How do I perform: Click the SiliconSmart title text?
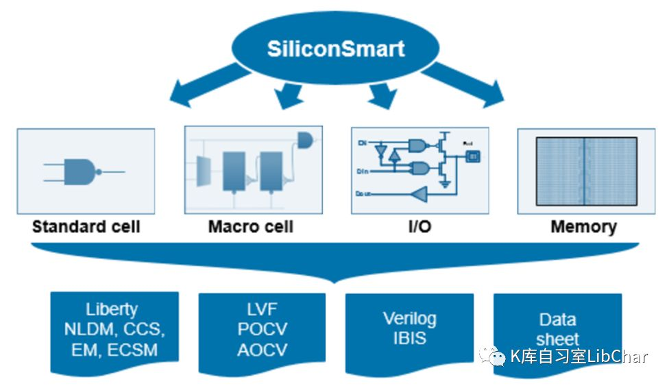[x=336, y=49]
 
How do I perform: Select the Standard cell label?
[x=86, y=227]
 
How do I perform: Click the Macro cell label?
[x=250, y=227]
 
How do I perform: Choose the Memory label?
[x=583, y=227]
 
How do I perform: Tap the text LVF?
[x=262, y=310]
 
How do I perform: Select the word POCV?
[x=262, y=329]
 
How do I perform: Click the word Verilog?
[x=409, y=318]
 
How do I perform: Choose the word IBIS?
[x=409, y=338]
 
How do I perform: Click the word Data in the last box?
[x=557, y=319]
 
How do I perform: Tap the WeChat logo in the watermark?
[x=492, y=355]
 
